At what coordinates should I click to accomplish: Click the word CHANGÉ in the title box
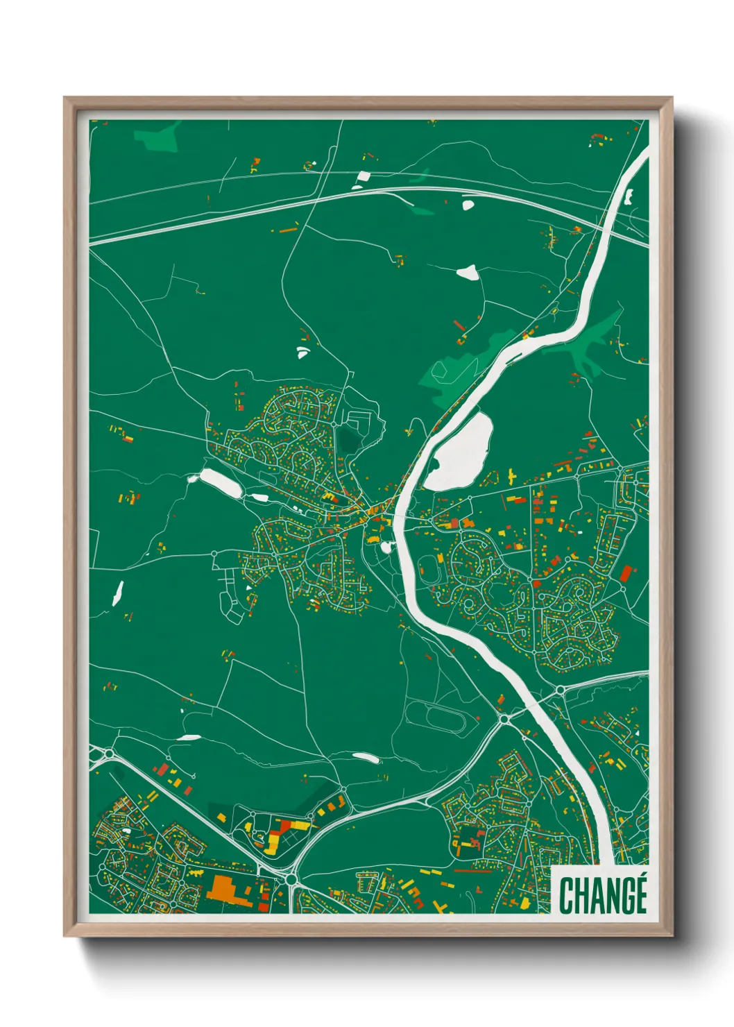603,895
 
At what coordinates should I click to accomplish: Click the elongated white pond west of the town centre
221,483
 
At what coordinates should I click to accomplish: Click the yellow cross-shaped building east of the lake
512,475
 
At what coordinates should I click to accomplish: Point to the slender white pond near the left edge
117,593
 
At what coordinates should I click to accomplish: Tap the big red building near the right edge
626,574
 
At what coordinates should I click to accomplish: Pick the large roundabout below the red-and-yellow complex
291,879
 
